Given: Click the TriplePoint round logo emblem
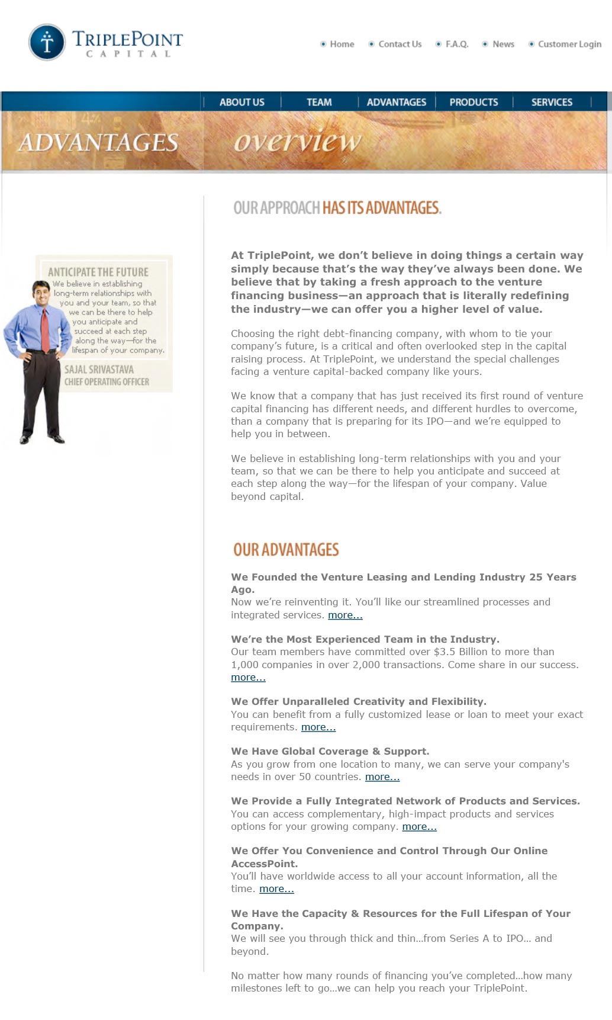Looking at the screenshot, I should pyautogui.click(x=47, y=42).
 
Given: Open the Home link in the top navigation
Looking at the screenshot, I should pyautogui.click(x=342, y=44).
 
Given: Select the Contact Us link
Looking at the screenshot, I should pyautogui.click(x=400, y=44).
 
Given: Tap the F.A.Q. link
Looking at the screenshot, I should pyautogui.click(x=456, y=44).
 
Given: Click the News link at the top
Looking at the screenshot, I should pyautogui.click(x=503, y=44).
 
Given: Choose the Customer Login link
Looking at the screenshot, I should pyautogui.click(x=569, y=44).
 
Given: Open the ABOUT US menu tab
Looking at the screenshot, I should pyautogui.click(x=241, y=102).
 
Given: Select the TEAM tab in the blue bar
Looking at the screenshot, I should pyautogui.click(x=319, y=102).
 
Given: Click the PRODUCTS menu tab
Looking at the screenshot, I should pyautogui.click(x=474, y=102).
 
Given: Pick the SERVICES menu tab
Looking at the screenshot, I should pyautogui.click(x=552, y=102).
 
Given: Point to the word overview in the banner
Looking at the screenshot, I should pyautogui.click(x=297, y=142).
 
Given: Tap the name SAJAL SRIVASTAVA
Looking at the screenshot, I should pyautogui.click(x=99, y=369).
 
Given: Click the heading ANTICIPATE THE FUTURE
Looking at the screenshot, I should pyautogui.click(x=98, y=272).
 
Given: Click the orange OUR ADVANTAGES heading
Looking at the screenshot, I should pyautogui.click(x=286, y=550).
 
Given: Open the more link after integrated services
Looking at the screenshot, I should pyautogui.click(x=345, y=615).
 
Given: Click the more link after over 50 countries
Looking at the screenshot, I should pyautogui.click(x=382, y=777).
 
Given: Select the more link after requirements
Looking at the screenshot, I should pyautogui.click(x=318, y=727).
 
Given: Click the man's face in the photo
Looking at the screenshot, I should pyautogui.click(x=41, y=293).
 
